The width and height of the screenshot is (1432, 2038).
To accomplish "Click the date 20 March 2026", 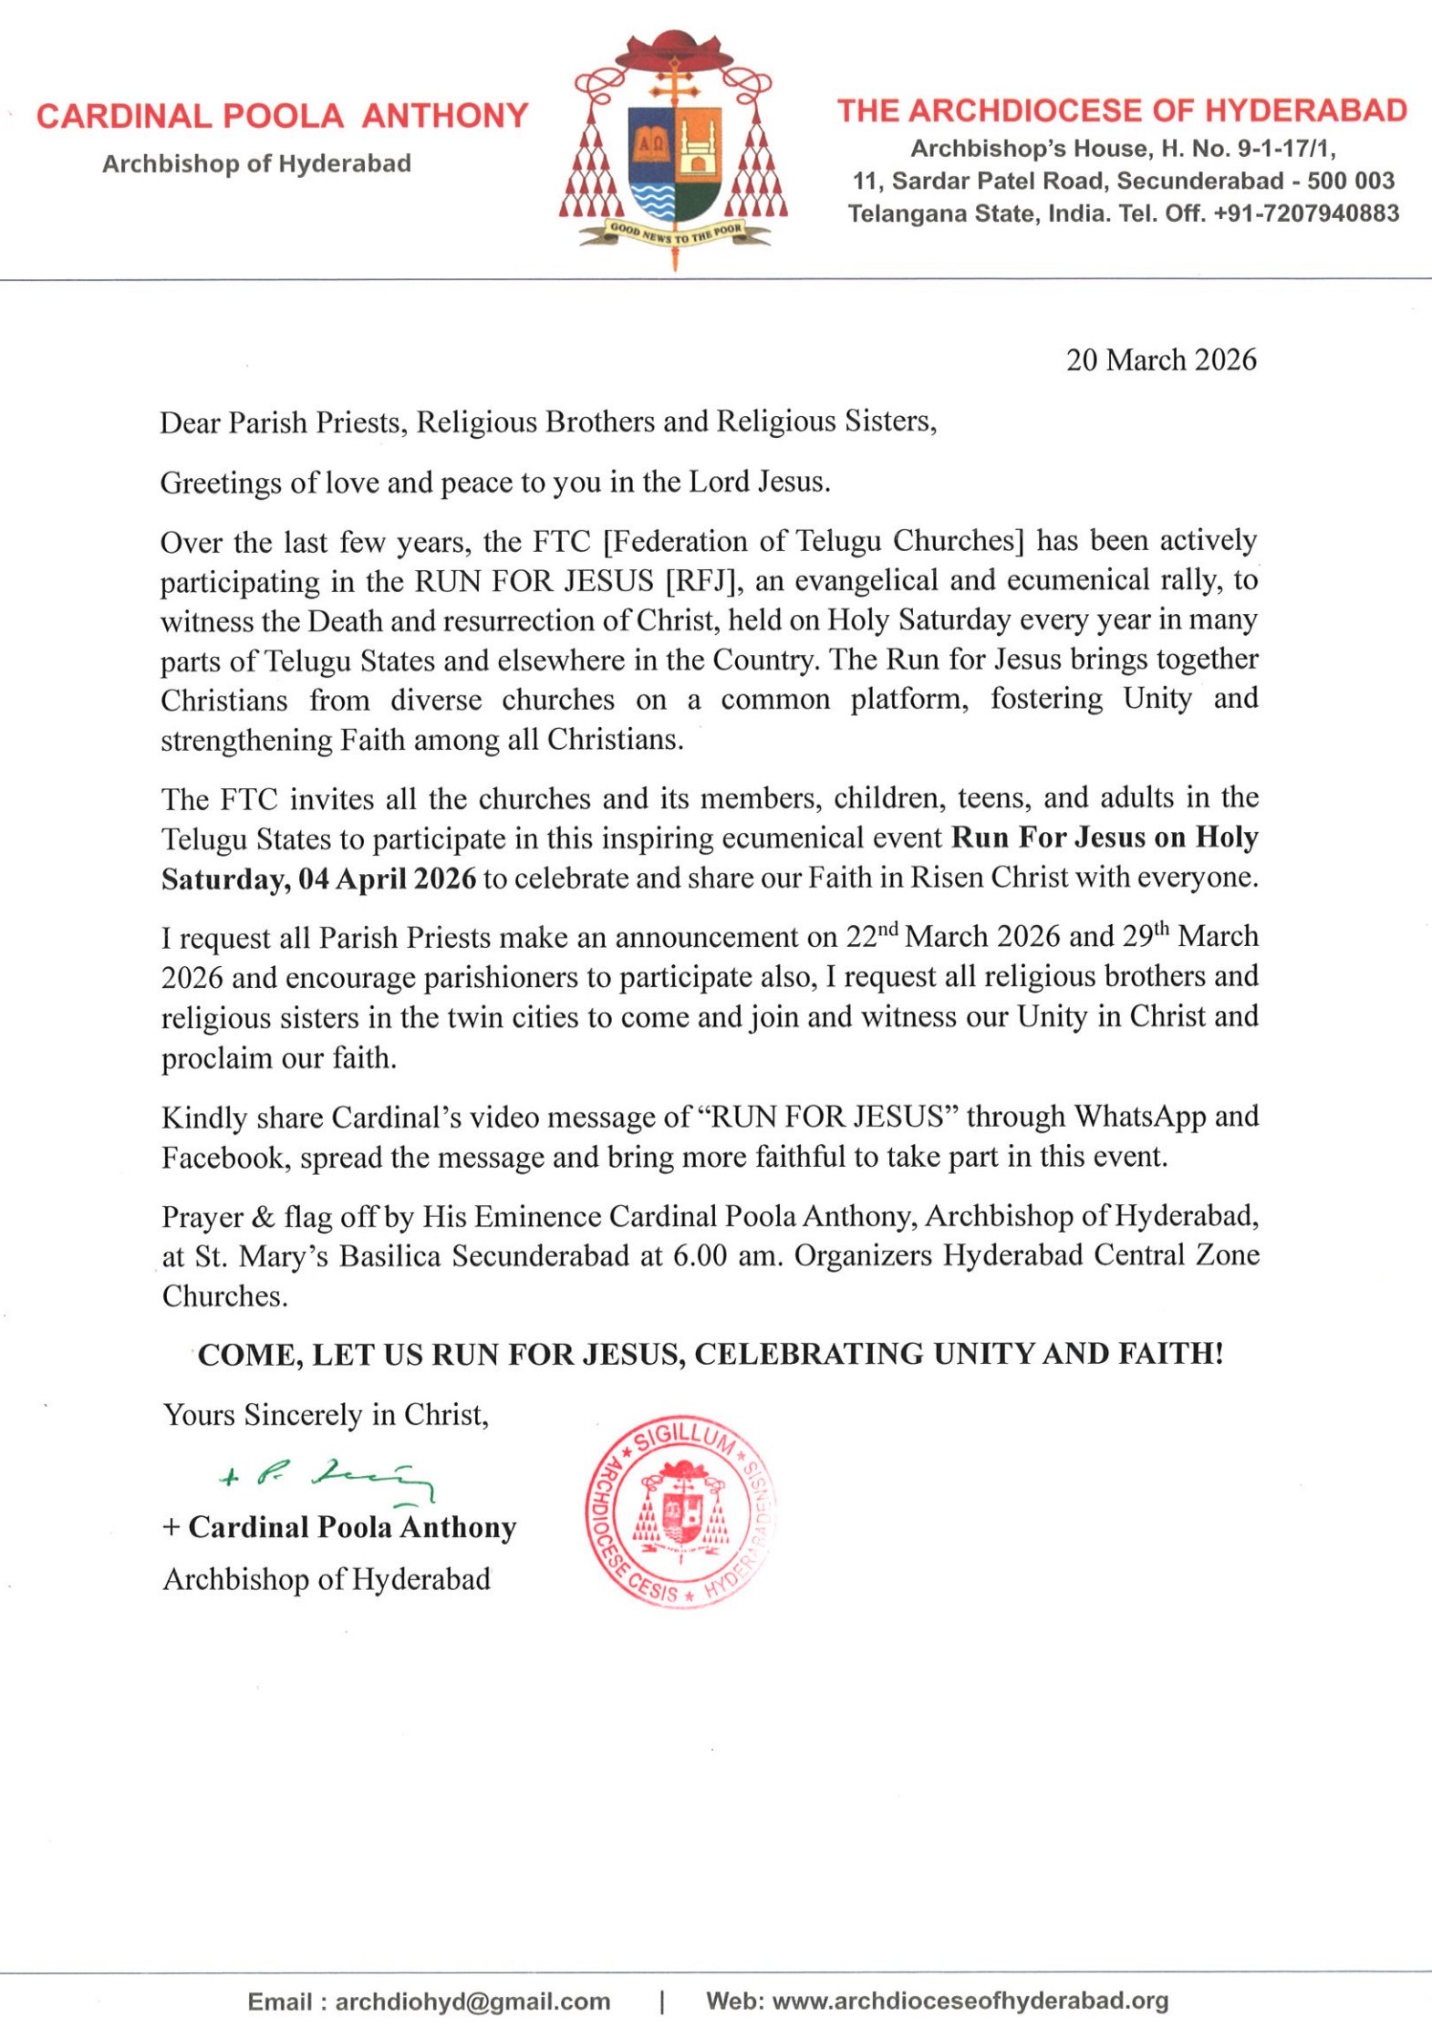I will click(x=1160, y=360).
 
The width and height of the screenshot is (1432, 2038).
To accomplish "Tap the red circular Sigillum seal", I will click(x=680, y=1511).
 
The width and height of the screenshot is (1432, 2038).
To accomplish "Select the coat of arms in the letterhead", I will click(x=674, y=151).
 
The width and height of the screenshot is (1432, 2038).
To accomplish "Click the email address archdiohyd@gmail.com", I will click(x=472, y=2002).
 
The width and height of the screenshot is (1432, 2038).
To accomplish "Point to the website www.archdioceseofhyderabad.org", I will click(x=970, y=2001).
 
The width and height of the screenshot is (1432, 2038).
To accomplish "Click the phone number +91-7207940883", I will click(x=1306, y=213).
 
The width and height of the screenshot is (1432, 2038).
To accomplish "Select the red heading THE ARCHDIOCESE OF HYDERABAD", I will click(x=1122, y=111).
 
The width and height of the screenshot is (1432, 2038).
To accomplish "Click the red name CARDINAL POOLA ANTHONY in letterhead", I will click(x=282, y=116).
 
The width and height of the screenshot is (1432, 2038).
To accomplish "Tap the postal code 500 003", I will click(x=1350, y=181).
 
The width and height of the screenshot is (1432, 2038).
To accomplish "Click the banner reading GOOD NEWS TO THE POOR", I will click(x=675, y=234).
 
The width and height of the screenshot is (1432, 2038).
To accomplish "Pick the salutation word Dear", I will click(x=190, y=422).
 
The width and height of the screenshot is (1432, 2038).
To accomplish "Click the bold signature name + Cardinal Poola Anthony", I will click(x=339, y=1528).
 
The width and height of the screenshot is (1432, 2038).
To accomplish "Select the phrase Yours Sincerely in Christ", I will click(x=325, y=1415).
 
